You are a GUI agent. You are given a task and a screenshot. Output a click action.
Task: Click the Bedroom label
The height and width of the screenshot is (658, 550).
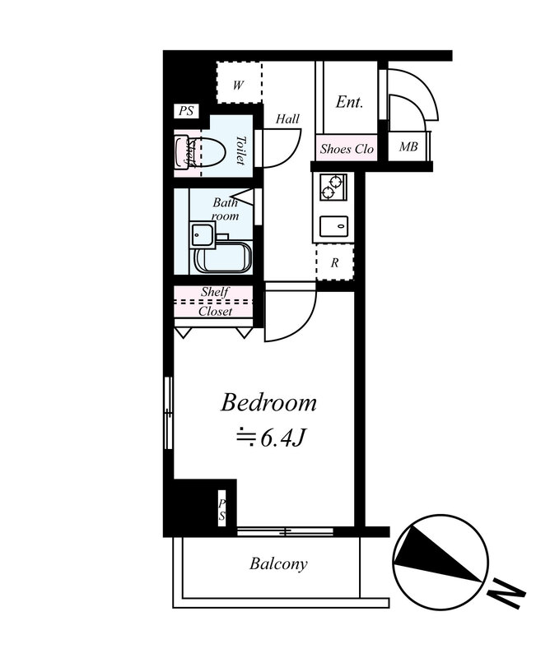point(268,402)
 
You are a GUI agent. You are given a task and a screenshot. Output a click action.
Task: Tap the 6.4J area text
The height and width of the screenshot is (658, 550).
point(270,438)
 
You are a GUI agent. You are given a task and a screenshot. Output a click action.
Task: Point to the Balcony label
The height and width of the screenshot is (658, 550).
point(278,563)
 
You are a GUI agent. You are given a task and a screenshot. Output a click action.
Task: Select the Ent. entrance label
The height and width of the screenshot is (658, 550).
point(349,102)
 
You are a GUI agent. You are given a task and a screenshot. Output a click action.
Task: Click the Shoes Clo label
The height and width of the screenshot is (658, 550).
point(347,149)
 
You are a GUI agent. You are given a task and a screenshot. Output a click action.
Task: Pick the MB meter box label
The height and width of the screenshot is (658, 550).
point(408,147)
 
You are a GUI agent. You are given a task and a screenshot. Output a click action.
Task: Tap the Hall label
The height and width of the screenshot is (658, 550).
point(288,119)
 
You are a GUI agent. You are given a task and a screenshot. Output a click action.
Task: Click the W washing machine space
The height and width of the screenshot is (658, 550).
point(239,82)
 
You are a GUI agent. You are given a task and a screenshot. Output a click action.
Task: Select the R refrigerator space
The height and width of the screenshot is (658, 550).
point(335,262)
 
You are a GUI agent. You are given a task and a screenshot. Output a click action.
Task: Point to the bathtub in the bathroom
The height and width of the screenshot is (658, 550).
point(222,257)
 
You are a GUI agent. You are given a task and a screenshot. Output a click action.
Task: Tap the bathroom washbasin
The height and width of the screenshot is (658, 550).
point(203,234)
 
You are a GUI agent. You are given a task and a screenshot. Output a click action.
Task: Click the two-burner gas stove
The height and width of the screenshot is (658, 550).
point(333,188)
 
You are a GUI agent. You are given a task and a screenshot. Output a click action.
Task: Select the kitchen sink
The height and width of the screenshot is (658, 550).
point(333,227)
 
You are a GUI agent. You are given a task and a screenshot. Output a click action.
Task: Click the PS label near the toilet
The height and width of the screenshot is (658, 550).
point(186,111)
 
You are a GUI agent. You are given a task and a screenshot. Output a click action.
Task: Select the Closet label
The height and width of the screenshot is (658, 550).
point(215,312)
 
